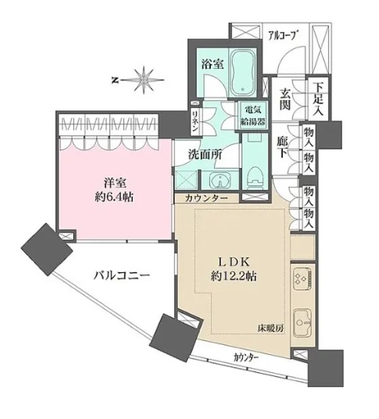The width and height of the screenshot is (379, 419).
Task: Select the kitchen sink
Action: pos(301,322)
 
